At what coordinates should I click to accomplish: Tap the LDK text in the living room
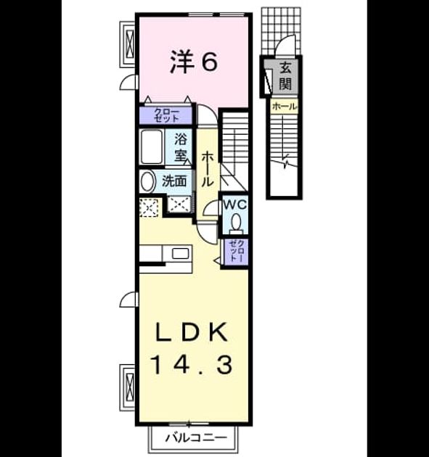tap(192, 332)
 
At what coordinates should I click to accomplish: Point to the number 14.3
tap(192, 365)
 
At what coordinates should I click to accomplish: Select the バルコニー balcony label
tap(196, 437)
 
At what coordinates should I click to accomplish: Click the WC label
tap(235, 205)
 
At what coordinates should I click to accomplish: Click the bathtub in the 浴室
tap(152, 147)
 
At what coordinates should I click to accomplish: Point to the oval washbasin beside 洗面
tap(147, 181)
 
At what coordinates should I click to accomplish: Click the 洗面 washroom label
tap(174, 181)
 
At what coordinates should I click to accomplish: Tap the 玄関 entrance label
tap(285, 76)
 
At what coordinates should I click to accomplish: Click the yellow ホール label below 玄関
tap(284, 107)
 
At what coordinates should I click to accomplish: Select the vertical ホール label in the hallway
tap(207, 169)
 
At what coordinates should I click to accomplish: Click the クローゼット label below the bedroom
tap(166, 115)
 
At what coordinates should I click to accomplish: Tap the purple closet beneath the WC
tap(236, 251)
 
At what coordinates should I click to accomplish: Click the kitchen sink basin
tap(180, 253)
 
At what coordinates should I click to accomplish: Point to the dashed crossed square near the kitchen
tap(149, 207)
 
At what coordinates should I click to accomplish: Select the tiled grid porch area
tap(281, 30)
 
